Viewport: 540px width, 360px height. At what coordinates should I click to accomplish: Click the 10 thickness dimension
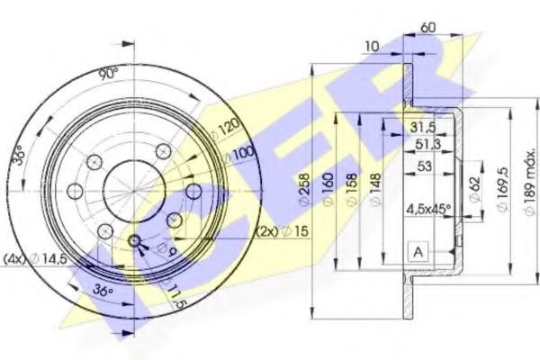point(372,44)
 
